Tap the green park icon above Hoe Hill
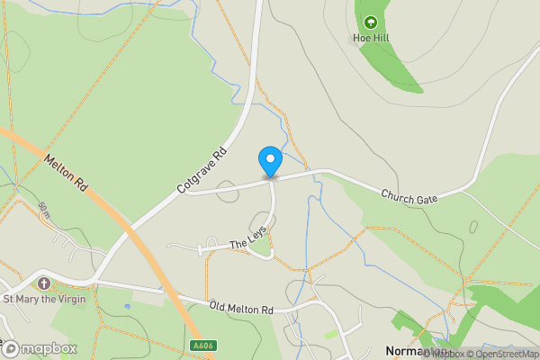pos(369,22)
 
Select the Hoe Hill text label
pos(369,40)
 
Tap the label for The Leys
pos(249,238)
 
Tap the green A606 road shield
pos(203,345)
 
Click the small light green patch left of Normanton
pos(332,334)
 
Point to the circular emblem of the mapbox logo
pos(11,348)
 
